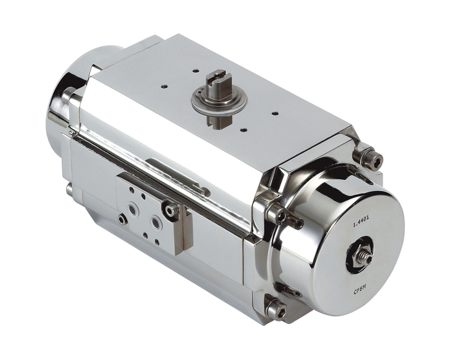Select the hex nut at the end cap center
click(x=359, y=257)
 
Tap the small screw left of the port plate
click(x=122, y=220)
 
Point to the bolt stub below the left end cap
click(x=68, y=189)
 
